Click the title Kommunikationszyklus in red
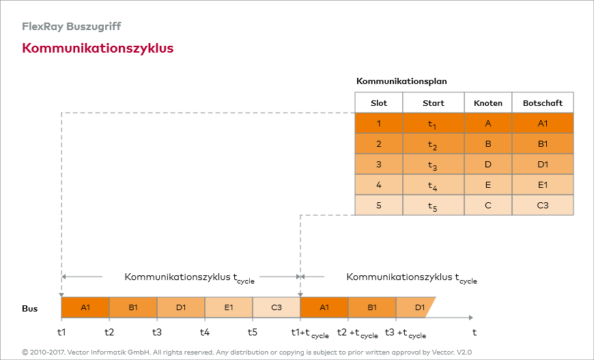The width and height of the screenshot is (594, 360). click(x=98, y=49)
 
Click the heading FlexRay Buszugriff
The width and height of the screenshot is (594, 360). click(x=71, y=27)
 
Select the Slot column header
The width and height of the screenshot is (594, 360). click(x=378, y=102)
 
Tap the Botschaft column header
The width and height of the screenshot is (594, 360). click(x=543, y=102)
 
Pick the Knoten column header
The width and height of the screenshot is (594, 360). click(x=488, y=102)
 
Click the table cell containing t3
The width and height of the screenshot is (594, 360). click(x=433, y=165)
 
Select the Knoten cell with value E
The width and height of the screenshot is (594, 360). click(x=488, y=184)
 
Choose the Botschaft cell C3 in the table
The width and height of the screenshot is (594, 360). click(x=543, y=205)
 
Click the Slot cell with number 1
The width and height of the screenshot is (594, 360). click(x=378, y=123)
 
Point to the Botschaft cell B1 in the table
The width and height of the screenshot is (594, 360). click(x=543, y=144)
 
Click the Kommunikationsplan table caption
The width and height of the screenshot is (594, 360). click(x=401, y=81)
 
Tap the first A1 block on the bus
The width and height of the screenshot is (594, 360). click(x=85, y=307)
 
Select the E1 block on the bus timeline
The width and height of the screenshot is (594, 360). click(x=229, y=307)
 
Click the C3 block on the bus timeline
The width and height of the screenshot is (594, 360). click(x=277, y=307)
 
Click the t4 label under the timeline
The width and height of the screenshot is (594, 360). click(x=205, y=332)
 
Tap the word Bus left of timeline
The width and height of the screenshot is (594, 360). click(x=29, y=309)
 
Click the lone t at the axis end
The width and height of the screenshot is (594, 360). click(x=475, y=332)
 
